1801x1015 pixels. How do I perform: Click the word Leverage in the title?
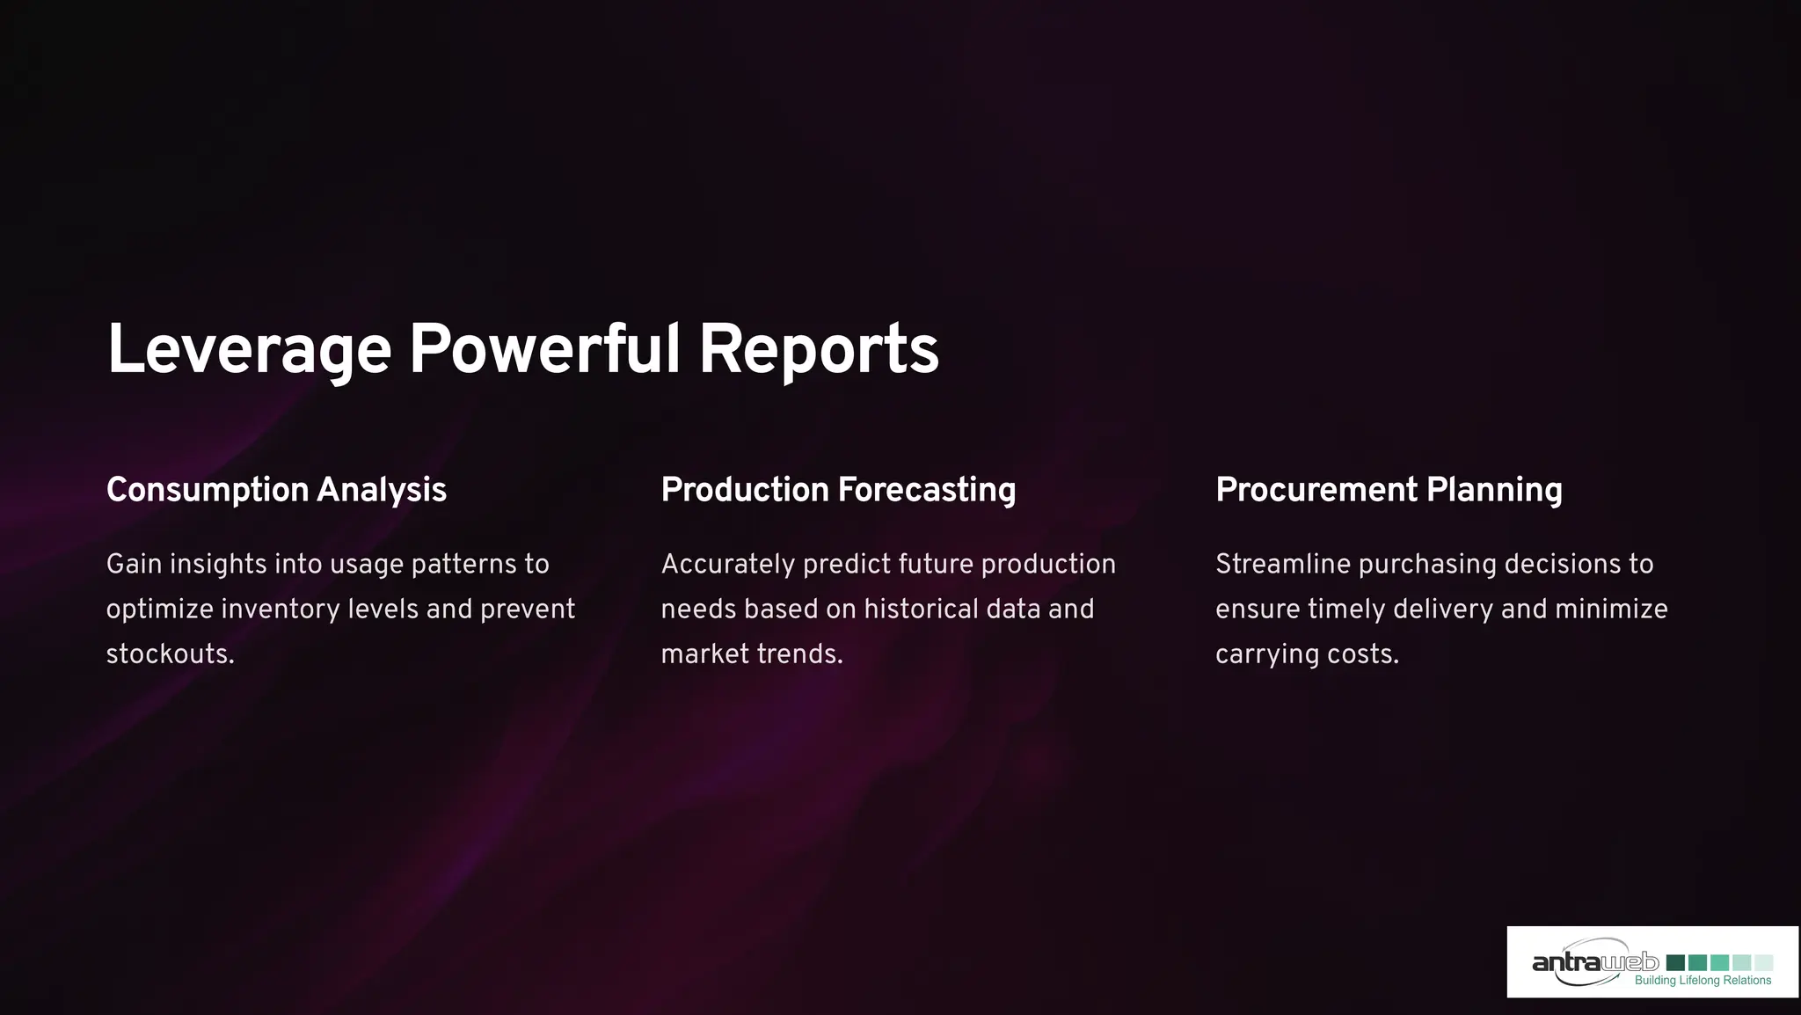click(x=248, y=350)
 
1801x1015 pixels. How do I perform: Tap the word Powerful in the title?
click(x=544, y=350)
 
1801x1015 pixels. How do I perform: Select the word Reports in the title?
click(x=818, y=350)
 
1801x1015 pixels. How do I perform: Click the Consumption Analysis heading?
click(x=276, y=490)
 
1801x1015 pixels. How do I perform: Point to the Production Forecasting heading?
click(x=838, y=490)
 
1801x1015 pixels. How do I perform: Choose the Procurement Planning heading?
click(x=1389, y=490)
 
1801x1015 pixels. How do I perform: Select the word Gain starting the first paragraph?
click(x=133, y=564)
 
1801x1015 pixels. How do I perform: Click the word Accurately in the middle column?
click(x=727, y=564)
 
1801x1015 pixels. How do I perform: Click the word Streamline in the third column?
click(x=1282, y=564)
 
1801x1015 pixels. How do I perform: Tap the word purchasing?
click(x=1426, y=564)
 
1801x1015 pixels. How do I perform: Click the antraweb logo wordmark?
click(x=1594, y=962)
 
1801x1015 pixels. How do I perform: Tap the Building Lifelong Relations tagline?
click(x=1703, y=981)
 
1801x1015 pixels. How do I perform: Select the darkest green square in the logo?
click(x=1675, y=962)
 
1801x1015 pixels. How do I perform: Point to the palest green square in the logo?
click(x=1763, y=962)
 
